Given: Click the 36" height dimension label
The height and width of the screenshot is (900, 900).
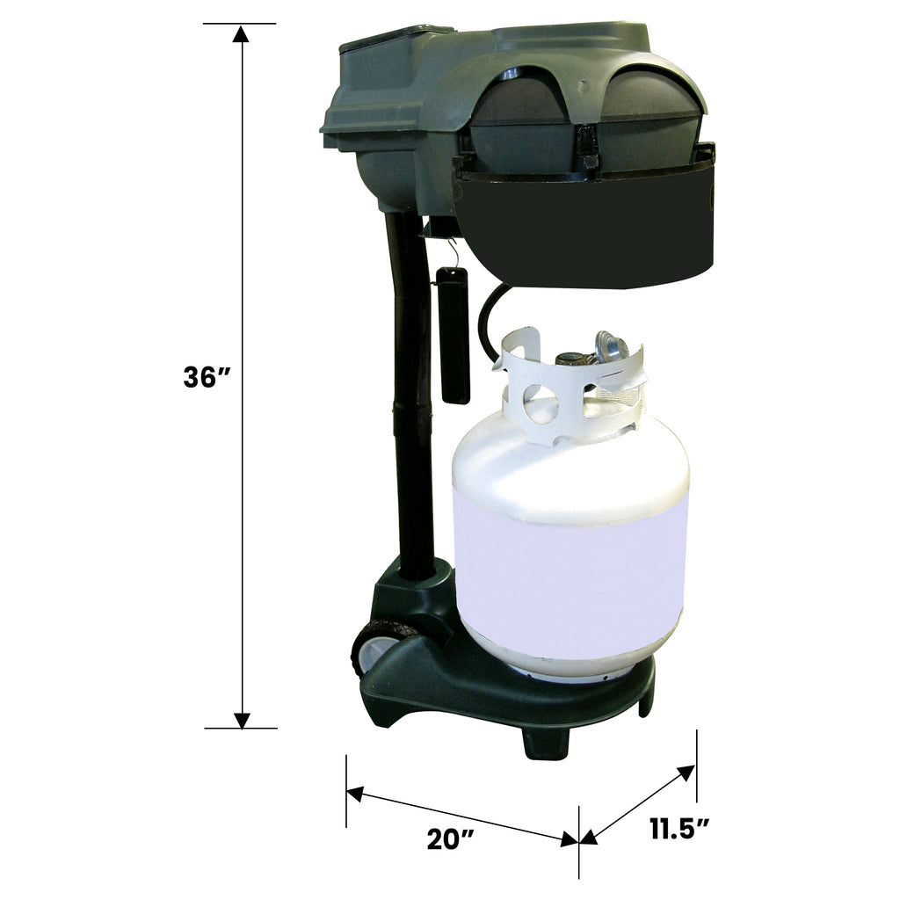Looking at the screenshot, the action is tap(207, 378).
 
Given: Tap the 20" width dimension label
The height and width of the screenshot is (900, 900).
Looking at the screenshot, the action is tap(451, 839).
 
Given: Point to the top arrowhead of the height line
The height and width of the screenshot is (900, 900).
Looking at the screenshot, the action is tap(241, 33).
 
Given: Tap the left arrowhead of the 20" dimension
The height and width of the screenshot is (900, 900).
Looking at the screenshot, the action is tap(355, 795).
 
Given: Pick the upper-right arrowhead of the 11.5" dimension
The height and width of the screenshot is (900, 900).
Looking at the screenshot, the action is tap(686, 773).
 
